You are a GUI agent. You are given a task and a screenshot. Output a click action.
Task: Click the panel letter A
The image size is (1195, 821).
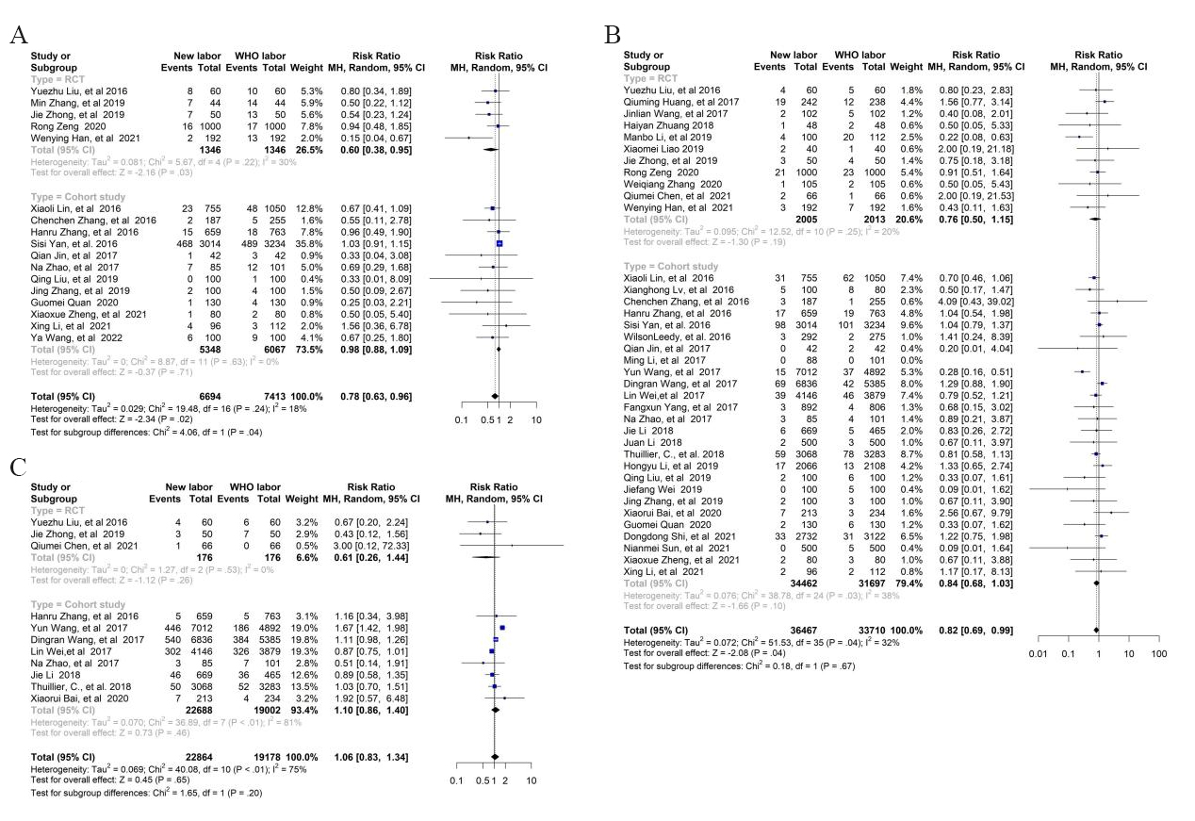(18, 36)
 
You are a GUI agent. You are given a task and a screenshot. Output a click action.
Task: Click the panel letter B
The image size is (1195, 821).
(613, 35)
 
